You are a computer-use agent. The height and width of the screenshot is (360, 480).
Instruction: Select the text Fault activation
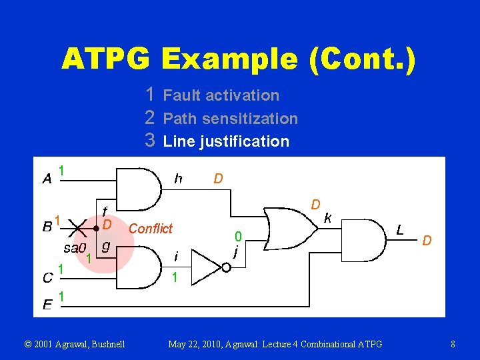pos(221,95)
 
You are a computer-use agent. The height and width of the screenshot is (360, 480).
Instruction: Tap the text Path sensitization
pos(230,119)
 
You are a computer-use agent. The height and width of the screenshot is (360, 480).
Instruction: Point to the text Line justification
pos(226,141)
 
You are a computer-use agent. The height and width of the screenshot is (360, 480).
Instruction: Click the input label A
pos(47,178)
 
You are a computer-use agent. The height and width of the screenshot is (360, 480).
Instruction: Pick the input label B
pos(47,226)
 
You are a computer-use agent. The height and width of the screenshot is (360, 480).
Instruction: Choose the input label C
pos(47,275)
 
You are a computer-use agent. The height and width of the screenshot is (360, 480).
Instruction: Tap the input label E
pos(47,305)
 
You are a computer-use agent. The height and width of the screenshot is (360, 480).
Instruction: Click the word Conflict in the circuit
pos(150,229)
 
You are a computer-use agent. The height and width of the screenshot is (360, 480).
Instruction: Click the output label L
pos(399,230)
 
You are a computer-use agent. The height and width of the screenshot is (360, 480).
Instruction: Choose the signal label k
pos(328,217)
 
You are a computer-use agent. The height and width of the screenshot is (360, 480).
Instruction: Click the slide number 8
pos(453,344)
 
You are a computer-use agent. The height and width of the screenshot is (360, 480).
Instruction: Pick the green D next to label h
pos(218,178)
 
